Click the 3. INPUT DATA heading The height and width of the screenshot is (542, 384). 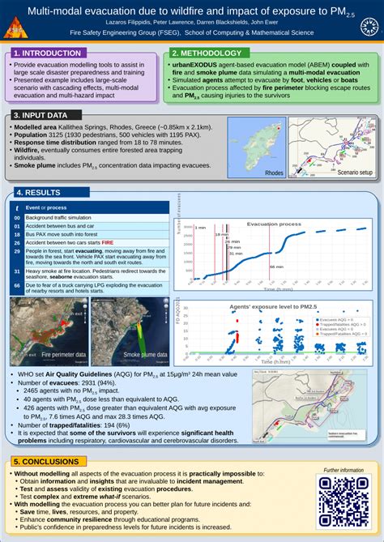click(41, 115)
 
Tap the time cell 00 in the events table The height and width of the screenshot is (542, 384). click(17, 218)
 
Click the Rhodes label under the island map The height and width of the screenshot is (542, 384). click(274, 173)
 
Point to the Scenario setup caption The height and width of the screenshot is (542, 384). click(355, 173)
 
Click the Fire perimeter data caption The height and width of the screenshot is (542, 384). click(63, 355)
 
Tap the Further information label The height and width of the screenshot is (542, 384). click(343, 470)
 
